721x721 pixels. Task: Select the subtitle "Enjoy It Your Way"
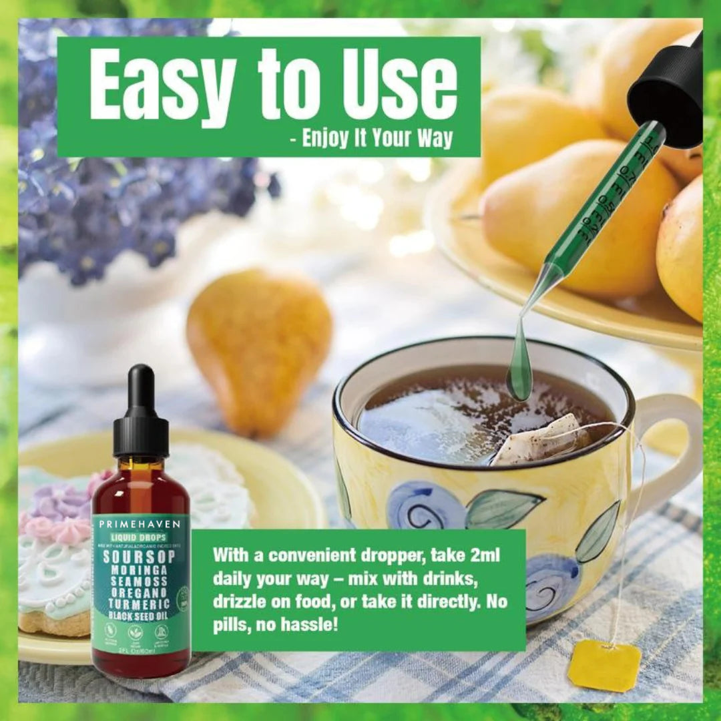coord(377,138)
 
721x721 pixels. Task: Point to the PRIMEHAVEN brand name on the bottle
coord(141,523)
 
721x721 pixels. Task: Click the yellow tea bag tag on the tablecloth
coord(604,665)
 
